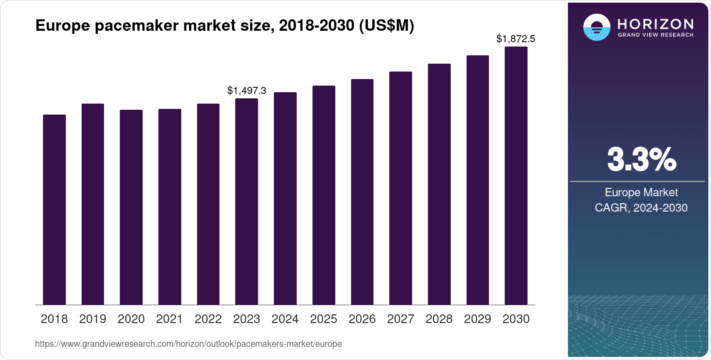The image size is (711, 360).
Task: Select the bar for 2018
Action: click(54, 210)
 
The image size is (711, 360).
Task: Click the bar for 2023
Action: click(247, 202)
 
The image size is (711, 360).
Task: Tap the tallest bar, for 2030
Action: click(516, 176)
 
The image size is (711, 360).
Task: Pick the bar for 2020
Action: click(131, 207)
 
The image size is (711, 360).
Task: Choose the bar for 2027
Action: click(401, 188)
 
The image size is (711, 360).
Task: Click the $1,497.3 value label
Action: click(247, 91)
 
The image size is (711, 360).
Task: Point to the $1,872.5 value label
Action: click(516, 39)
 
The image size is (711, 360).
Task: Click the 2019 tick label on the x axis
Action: click(93, 319)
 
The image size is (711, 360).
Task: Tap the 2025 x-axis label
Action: click(323, 319)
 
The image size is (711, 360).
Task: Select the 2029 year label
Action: click(478, 319)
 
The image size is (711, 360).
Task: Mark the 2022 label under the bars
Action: click(208, 319)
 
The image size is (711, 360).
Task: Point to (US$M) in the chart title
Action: click(386, 26)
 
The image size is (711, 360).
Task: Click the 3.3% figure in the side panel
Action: click(642, 160)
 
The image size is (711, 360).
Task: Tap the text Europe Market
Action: click(641, 193)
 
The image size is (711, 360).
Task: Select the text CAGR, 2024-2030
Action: click(641, 208)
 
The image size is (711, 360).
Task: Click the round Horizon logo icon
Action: click(596, 27)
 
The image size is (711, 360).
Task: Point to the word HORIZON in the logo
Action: click(656, 24)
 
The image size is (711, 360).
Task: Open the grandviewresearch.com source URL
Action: click(188, 344)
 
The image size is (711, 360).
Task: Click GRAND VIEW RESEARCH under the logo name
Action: click(656, 35)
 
